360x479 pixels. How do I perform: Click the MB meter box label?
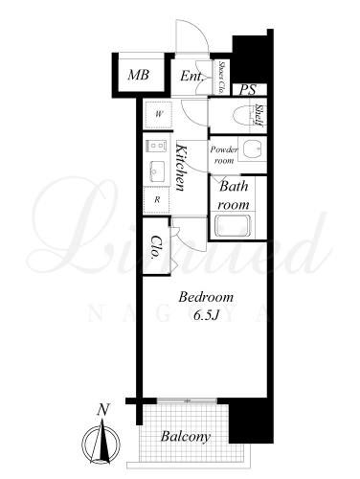[x=139, y=75]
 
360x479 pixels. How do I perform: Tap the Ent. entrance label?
[x=191, y=76]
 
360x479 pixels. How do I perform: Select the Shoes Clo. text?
[x=221, y=77]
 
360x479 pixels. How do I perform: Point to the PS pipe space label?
[x=248, y=90]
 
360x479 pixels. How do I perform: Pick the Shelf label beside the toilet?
[x=259, y=115]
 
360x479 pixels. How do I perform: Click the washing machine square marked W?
[x=158, y=115]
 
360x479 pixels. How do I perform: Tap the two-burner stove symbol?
[x=156, y=147]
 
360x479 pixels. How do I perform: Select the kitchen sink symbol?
[x=157, y=171]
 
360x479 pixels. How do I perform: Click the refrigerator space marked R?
[x=156, y=200]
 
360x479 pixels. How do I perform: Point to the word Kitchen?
[x=181, y=168]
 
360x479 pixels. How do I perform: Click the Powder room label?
[x=224, y=155]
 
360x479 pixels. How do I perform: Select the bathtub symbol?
[x=233, y=226]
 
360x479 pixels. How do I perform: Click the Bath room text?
[x=234, y=195]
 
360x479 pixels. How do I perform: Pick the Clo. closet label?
[x=156, y=247]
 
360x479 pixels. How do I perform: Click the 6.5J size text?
[x=206, y=315]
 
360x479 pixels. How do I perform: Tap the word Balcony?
[x=186, y=437]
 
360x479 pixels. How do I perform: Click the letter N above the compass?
[x=103, y=409]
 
